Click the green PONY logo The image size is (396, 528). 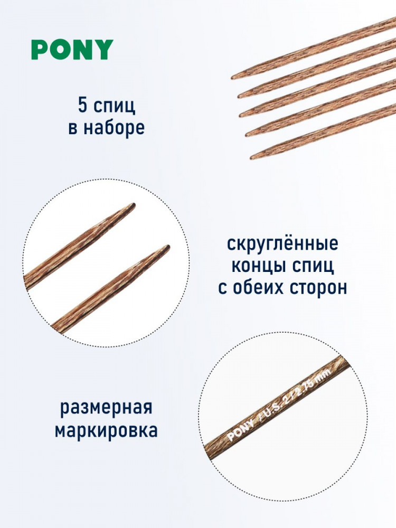(72, 50)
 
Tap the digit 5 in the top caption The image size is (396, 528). (83, 105)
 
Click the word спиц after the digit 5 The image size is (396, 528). (115, 107)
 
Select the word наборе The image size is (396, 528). (114, 128)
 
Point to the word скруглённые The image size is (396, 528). (282, 243)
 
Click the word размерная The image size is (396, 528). (107, 409)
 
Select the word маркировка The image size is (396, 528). (107, 430)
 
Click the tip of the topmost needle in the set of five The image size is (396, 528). (232, 78)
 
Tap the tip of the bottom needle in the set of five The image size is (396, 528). (251, 158)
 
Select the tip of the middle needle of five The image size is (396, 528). (241, 116)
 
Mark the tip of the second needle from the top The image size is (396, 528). (239, 97)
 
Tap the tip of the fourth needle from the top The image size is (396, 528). (247, 135)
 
